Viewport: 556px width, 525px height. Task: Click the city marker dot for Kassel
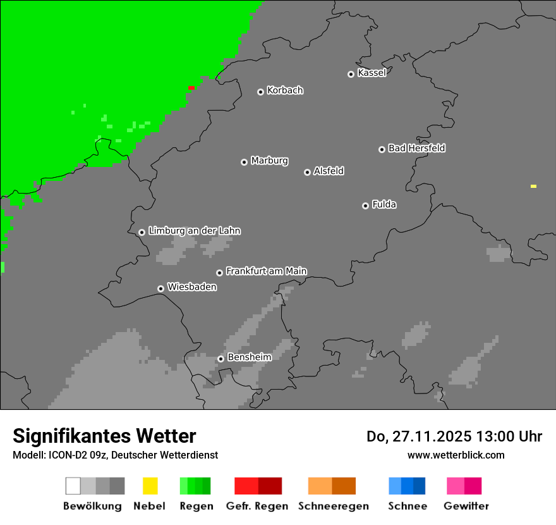click(x=351, y=74)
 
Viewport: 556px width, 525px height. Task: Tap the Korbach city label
click(x=285, y=90)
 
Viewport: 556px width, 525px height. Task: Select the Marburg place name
click(x=269, y=161)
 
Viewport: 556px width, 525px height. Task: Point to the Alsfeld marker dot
click(x=307, y=172)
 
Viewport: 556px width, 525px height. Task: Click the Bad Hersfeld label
click(x=416, y=149)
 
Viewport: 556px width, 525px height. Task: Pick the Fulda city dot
click(x=365, y=206)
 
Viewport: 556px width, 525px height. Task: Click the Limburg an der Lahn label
click(x=194, y=231)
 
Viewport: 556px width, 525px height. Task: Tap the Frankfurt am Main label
click(x=266, y=271)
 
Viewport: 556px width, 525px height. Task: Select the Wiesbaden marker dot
click(x=160, y=288)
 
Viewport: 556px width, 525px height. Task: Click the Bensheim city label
click(x=249, y=357)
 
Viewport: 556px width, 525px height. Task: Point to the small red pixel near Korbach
click(x=191, y=88)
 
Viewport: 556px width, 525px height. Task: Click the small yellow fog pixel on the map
click(x=533, y=187)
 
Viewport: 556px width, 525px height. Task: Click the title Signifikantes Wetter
click(x=104, y=436)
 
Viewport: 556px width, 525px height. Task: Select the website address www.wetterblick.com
click(x=456, y=455)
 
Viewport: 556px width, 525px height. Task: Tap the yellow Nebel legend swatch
click(x=150, y=486)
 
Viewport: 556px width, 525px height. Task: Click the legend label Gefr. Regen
click(x=257, y=506)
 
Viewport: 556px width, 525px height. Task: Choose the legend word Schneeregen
click(x=333, y=506)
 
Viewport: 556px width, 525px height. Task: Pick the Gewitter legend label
click(x=466, y=506)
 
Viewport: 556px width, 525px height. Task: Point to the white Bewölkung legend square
click(x=73, y=486)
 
